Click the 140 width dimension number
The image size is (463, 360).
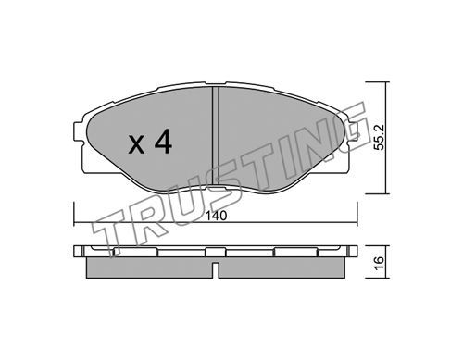click(217, 216)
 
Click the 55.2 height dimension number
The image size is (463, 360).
click(380, 137)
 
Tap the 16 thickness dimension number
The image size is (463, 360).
click(380, 262)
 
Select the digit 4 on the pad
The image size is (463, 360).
click(163, 142)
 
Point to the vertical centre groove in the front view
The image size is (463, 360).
click(216, 137)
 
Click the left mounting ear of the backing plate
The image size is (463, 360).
click(79, 132)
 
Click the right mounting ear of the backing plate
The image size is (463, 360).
click(352, 132)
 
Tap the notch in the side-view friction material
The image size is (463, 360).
click(216, 270)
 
